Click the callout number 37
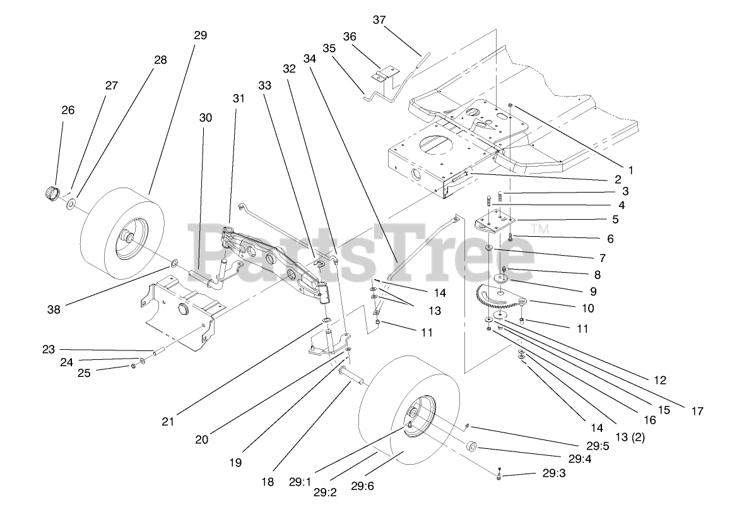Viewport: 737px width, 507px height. (x=379, y=20)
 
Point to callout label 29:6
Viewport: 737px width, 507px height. (x=363, y=486)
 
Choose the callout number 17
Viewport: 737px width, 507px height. (x=697, y=411)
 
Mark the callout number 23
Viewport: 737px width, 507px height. (x=49, y=349)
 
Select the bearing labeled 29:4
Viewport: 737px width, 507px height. (x=471, y=448)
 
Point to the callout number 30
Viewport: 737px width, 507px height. (x=206, y=117)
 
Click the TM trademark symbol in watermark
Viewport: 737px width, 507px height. (x=537, y=228)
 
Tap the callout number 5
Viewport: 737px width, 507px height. (x=614, y=220)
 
